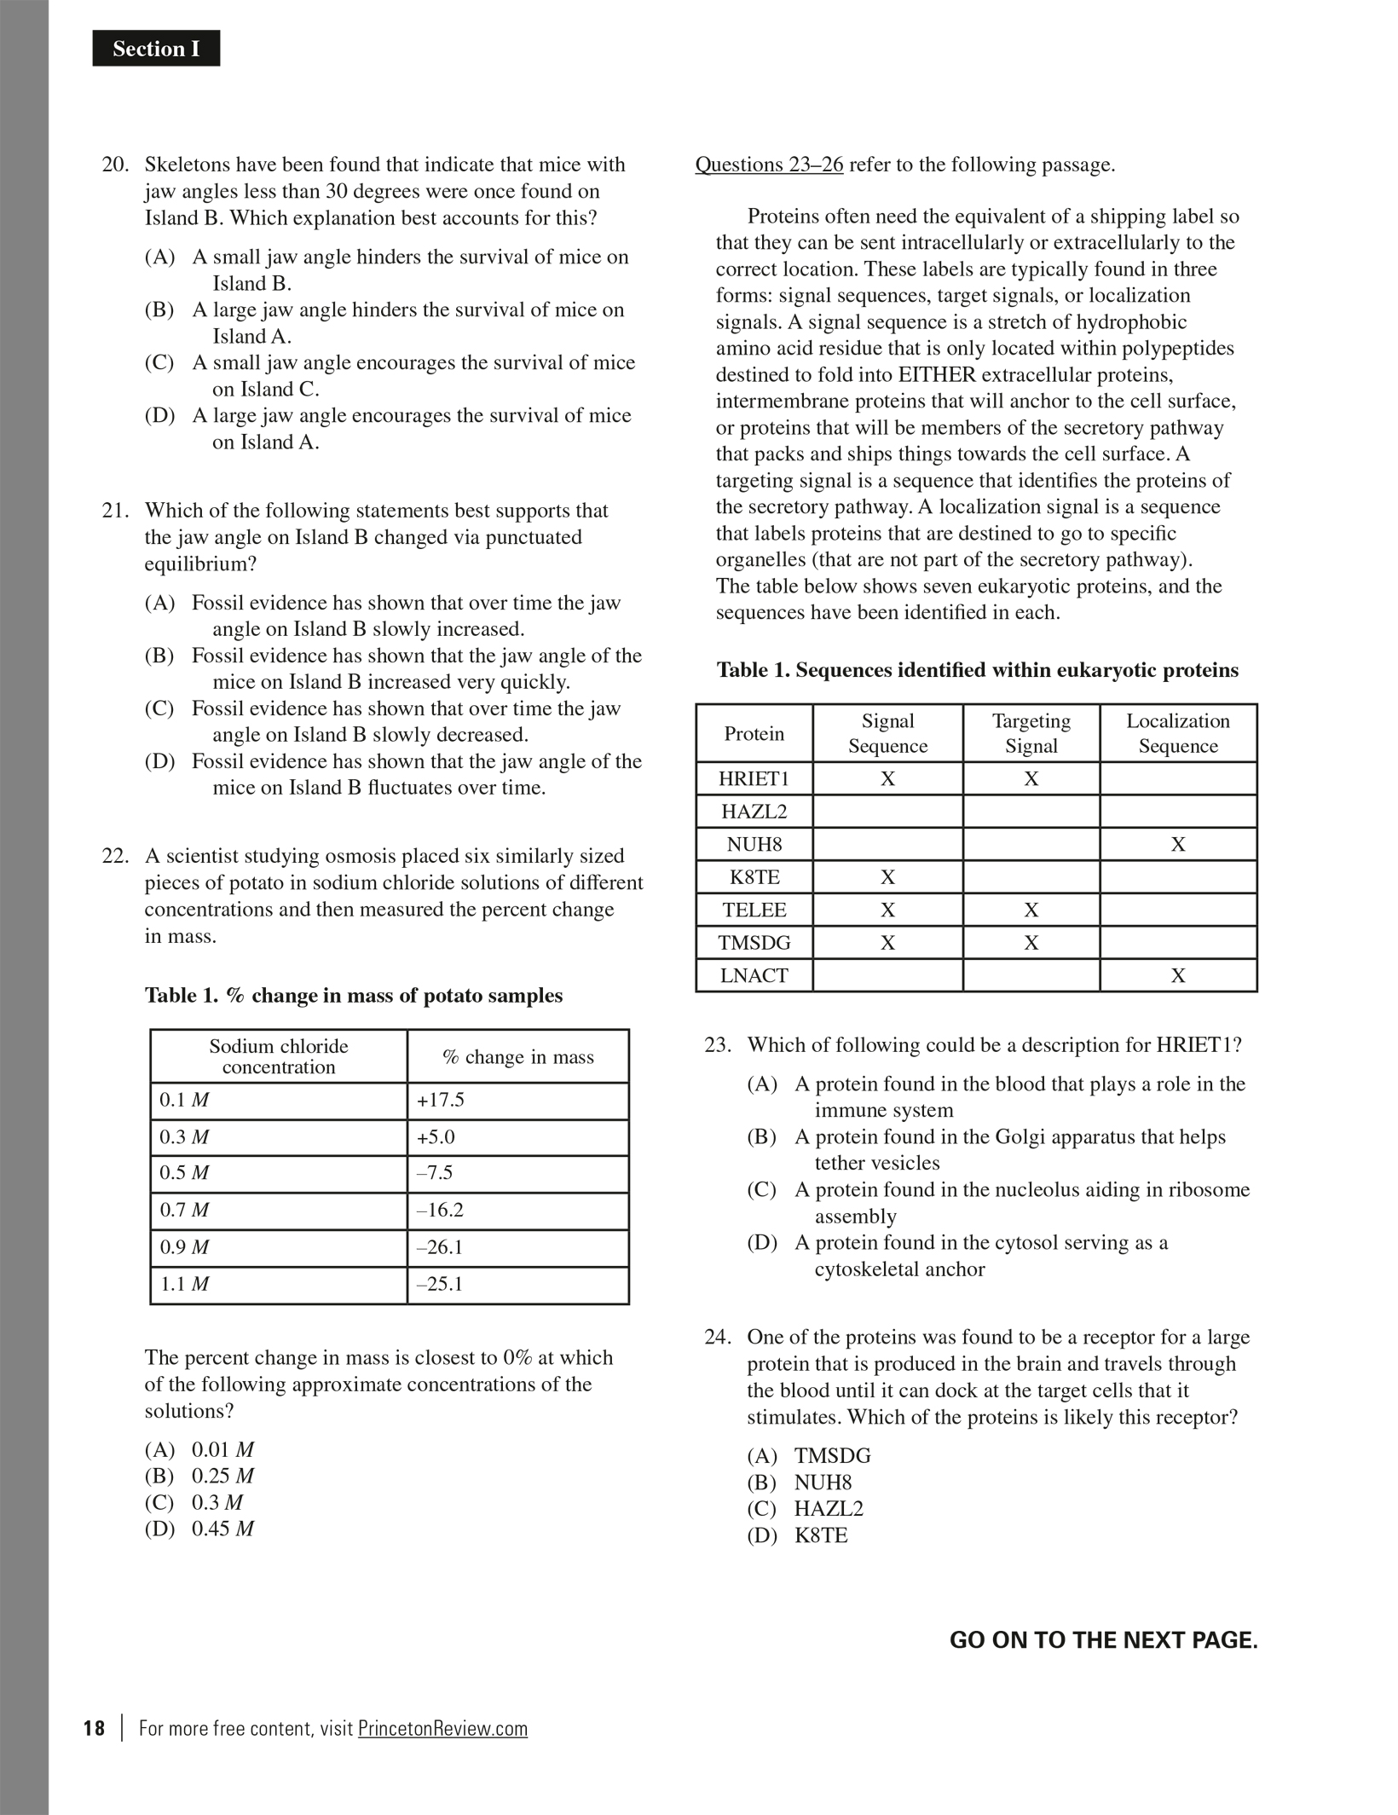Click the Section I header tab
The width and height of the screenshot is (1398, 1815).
click(x=156, y=49)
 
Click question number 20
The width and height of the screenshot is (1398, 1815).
click(x=115, y=165)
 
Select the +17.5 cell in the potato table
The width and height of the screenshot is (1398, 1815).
click(x=440, y=1100)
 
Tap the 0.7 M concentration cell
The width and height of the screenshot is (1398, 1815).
click(x=184, y=1210)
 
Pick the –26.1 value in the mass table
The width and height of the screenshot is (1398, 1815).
click(x=439, y=1247)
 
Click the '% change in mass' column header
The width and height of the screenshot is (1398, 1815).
click(x=517, y=1057)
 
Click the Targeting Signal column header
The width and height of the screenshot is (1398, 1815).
click(x=1031, y=733)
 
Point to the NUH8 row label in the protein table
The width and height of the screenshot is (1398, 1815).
click(x=754, y=845)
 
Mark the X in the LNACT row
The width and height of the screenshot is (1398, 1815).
click(x=1178, y=975)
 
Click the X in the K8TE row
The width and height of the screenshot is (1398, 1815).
click(x=887, y=877)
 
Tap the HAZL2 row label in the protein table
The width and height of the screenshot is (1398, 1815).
click(x=754, y=812)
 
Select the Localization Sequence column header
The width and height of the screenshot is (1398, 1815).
click(x=1178, y=733)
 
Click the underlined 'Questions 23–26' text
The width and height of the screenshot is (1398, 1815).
click(x=769, y=165)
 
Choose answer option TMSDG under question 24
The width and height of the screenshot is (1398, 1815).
click(x=832, y=1456)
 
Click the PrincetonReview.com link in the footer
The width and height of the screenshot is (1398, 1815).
click(x=442, y=1728)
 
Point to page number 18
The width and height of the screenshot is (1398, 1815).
click(x=94, y=1728)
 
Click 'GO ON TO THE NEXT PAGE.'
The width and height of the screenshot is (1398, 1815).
click(x=1103, y=1640)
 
